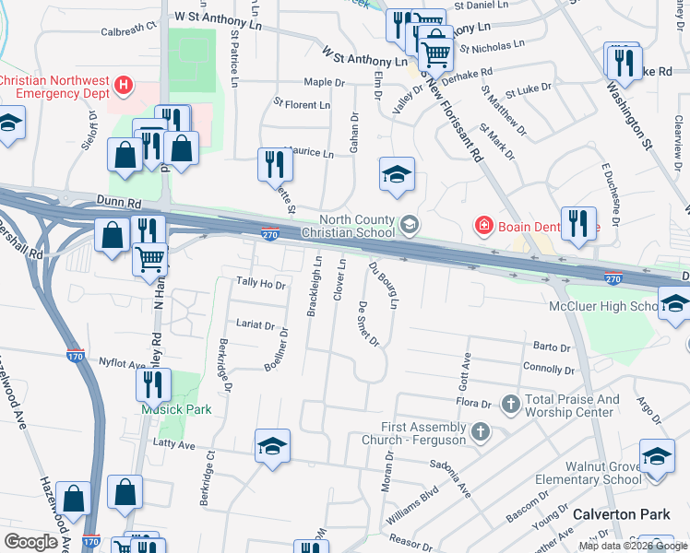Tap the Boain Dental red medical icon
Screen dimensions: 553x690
point(482,224)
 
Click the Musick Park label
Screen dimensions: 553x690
point(176,409)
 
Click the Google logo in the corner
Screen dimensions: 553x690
point(31,542)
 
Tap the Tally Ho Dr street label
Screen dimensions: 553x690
point(261,284)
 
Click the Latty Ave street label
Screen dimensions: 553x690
point(174,445)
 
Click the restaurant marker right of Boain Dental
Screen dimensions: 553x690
point(577,224)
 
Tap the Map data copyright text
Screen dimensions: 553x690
point(633,546)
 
